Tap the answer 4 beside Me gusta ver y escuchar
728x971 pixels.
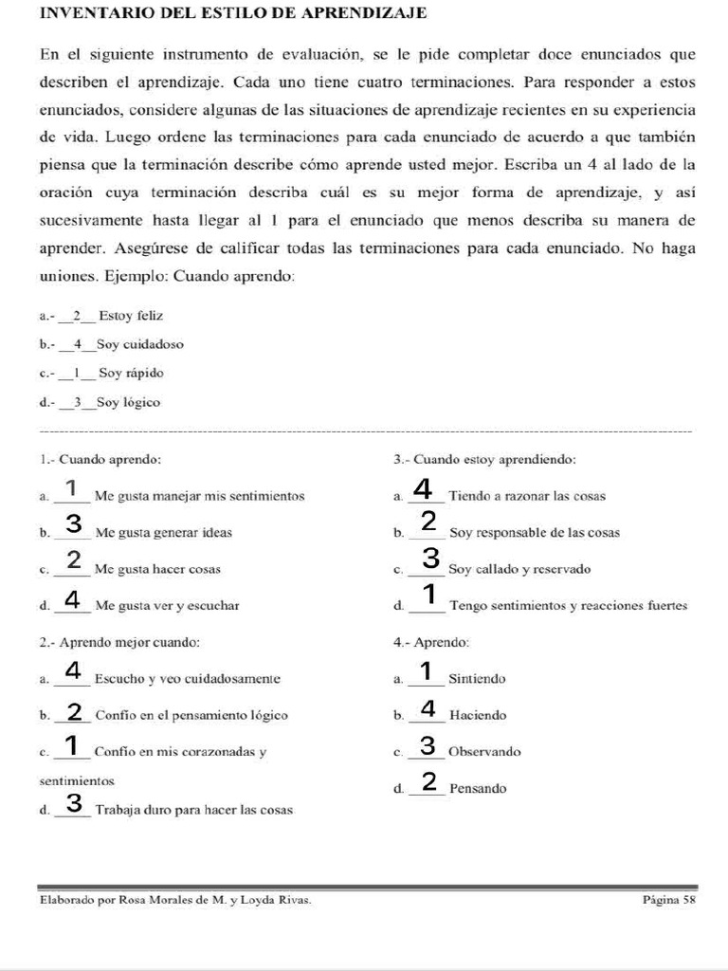point(74,600)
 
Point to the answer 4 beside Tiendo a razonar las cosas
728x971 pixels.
point(425,490)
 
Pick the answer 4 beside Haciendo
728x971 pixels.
point(428,709)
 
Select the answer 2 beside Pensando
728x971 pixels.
point(428,782)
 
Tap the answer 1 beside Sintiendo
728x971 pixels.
point(426,672)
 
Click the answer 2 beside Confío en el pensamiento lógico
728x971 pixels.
point(74,711)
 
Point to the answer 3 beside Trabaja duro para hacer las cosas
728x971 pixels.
point(74,804)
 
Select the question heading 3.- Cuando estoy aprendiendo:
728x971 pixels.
point(484,460)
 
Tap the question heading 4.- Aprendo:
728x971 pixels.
point(431,642)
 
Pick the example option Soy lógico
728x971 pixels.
point(128,403)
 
